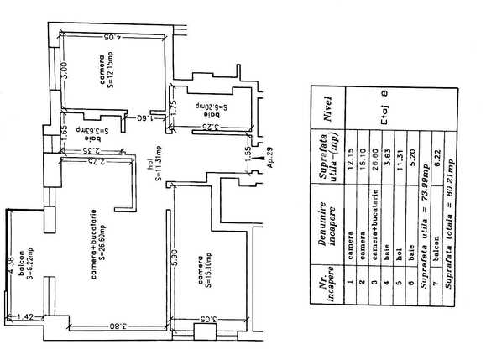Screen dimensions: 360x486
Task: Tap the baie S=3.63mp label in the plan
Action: tap(84, 131)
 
